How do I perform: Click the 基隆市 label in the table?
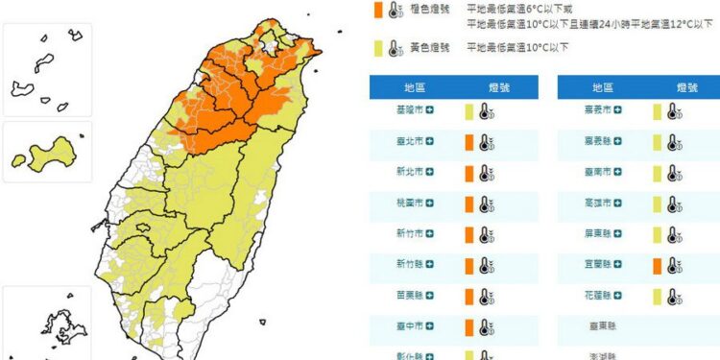point(399,111)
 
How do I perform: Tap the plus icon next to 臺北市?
point(430,142)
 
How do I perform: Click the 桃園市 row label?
point(399,204)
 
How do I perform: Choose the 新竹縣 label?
point(399,266)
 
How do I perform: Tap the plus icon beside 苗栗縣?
point(430,297)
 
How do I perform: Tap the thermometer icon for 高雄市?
point(674,204)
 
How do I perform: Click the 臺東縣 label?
point(604,327)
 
